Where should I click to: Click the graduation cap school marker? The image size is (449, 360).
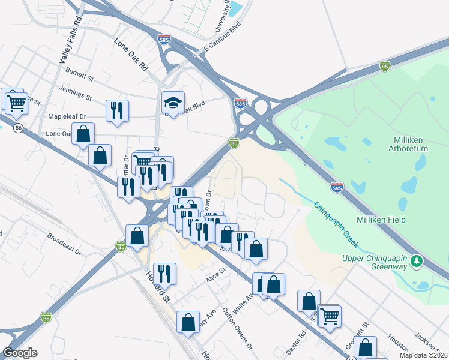173,103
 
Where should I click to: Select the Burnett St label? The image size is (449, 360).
81,78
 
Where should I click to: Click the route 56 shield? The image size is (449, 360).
19,128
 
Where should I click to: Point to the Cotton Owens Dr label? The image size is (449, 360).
238,328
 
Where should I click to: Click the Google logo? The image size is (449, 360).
20,353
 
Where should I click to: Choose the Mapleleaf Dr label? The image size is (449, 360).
67,116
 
